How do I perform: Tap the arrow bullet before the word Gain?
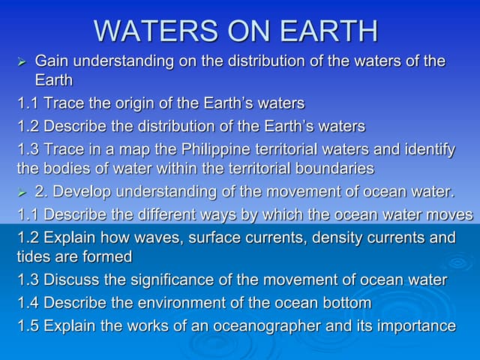(x=22, y=61)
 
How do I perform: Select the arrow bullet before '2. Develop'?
(x=22, y=193)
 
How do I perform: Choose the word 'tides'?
(x=34, y=257)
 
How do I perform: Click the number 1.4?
(x=28, y=303)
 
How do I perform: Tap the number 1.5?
(x=28, y=326)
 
